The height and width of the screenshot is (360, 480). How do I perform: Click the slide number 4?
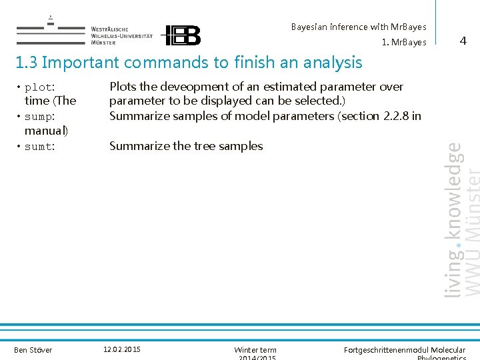tap(463, 41)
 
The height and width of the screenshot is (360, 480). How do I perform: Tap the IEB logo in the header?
tap(182, 35)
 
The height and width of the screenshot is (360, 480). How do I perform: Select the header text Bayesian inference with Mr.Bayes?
tap(358, 27)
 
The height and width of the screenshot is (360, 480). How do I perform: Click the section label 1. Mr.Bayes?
tap(404, 43)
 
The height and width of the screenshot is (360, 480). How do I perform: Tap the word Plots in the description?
tap(123, 87)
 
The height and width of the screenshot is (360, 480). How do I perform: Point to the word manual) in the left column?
tap(46, 131)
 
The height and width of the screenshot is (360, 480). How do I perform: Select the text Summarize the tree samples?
tap(186, 146)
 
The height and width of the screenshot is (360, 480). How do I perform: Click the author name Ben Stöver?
tap(33, 350)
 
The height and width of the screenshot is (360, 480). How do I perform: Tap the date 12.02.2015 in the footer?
tap(122, 349)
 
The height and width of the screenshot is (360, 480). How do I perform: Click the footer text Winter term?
tap(255, 350)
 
